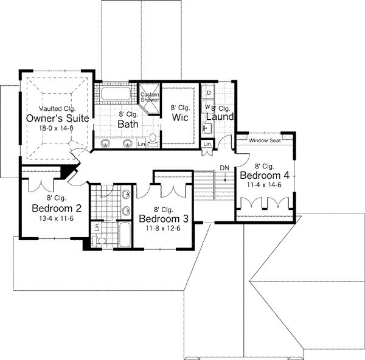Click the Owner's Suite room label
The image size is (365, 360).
click(58, 117)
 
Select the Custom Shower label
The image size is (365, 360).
click(150, 97)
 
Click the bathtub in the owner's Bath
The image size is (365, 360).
click(117, 94)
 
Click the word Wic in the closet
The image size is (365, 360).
click(179, 117)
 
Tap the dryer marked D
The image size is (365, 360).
click(209, 92)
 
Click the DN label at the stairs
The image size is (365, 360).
click(224, 168)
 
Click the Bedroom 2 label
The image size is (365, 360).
click(53, 209)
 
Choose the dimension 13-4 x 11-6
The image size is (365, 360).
click(53, 218)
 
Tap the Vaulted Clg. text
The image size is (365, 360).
click(58, 108)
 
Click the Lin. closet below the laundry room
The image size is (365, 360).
click(208, 144)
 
